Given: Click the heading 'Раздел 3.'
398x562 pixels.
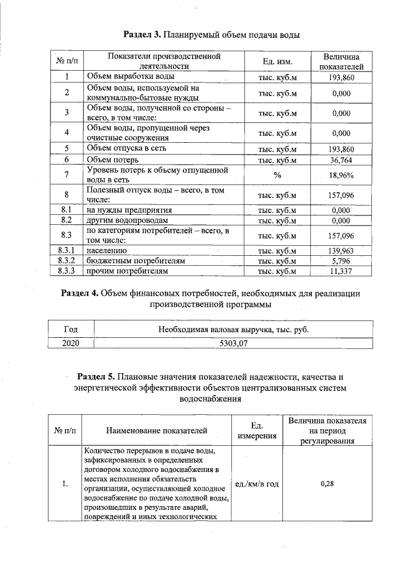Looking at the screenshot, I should (x=145, y=35).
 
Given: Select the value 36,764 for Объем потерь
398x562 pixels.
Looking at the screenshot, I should (x=341, y=160).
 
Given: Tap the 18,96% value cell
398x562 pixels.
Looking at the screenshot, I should (x=341, y=176).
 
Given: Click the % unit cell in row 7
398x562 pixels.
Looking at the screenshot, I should (x=277, y=176).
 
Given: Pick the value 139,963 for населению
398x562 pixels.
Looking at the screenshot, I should (x=341, y=250).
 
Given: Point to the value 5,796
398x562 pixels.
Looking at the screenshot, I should (x=341, y=261).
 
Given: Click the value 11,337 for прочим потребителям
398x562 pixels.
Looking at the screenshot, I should (x=341, y=271).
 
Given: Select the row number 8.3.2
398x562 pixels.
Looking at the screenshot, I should (x=66, y=261).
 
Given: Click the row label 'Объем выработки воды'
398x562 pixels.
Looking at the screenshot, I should (x=131, y=76).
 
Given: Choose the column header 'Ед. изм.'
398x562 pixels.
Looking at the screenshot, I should (x=277, y=61).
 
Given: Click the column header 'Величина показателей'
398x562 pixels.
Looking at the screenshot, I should (x=341, y=61).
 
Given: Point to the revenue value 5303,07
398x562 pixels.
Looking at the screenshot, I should (x=233, y=342).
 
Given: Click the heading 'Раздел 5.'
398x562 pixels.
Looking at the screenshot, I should (x=98, y=377).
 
